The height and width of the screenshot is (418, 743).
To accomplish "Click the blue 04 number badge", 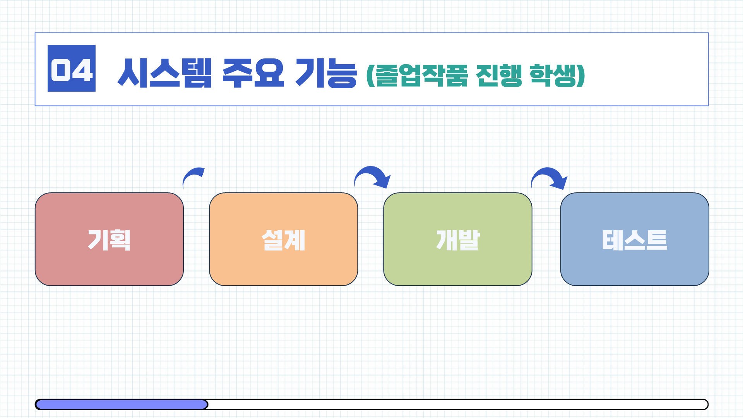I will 72,69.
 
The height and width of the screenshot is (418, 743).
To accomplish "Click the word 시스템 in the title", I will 164,73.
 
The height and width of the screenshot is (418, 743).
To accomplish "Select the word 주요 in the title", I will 253,73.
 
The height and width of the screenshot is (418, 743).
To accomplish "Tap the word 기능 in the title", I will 326,73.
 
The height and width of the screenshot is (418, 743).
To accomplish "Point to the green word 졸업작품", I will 421,75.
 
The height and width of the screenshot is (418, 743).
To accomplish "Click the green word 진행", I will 499,75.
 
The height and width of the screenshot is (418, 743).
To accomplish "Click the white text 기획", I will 109,240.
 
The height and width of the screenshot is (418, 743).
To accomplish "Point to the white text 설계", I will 283,240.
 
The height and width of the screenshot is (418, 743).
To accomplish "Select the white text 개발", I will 458,240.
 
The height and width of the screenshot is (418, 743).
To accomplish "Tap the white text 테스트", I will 635,240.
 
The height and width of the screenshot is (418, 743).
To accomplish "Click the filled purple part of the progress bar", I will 122,404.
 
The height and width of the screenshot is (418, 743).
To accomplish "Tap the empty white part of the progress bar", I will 457,404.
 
